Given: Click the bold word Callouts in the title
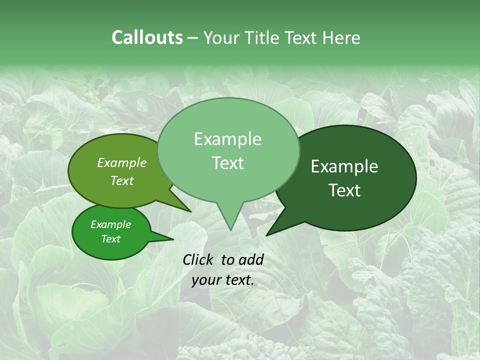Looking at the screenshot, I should [147, 37].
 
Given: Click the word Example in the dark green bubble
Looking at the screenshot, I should [344, 166].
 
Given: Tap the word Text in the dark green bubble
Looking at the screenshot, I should [344, 190].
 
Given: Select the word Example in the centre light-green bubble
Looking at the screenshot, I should [227, 139].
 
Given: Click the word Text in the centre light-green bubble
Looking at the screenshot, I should [227, 163].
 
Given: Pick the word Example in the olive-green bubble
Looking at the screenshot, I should [121, 162].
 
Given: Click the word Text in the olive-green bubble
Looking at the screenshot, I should [121, 180].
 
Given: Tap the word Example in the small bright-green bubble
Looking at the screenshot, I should [110, 224].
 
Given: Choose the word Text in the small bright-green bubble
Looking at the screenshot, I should [110, 239].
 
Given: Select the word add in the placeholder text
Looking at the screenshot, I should [250, 259].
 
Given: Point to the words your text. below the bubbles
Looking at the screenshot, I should [223, 280].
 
